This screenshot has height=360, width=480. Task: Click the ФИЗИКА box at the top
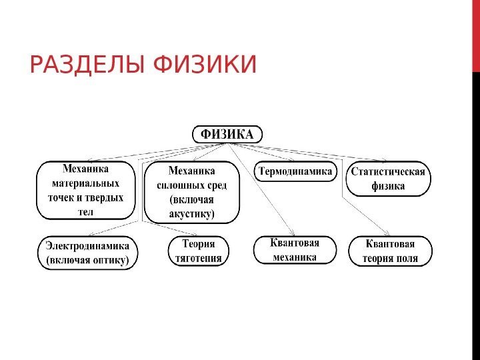227,134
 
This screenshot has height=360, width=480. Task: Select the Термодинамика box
295,172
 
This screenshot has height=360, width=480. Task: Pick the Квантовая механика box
294,249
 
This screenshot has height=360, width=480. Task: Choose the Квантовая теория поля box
390,251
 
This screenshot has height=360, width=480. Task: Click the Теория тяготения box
197,250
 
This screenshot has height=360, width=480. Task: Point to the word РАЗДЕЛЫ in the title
87,65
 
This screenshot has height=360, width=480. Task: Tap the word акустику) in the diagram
192,214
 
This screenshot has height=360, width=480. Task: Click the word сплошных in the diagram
175,185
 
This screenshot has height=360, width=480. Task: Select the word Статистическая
389,171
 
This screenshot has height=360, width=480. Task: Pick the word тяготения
197,257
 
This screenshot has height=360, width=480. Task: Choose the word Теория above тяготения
197,243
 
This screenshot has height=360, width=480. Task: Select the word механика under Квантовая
294,257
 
